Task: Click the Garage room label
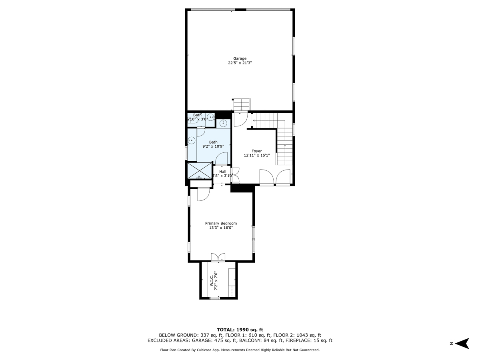(x=240, y=58)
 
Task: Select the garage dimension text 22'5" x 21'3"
(x=240, y=63)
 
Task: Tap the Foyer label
(x=256, y=151)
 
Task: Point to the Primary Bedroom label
(x=221, y=223)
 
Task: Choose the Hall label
(x=222, y=171)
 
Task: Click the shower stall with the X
(x=199, y=171)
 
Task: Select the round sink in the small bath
(x=209, y=117)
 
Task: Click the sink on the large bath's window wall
(x=192, y=140)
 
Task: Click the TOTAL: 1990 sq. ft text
(x=240, y=329)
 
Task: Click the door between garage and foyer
(x=240, y=119)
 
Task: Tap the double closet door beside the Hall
(x=235, y=175)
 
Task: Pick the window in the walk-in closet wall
(x=215, y=298)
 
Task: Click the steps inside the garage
(x=242, y=104)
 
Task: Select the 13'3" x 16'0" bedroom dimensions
(x=221, y=228)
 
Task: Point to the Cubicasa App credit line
(x=240, y=350)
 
